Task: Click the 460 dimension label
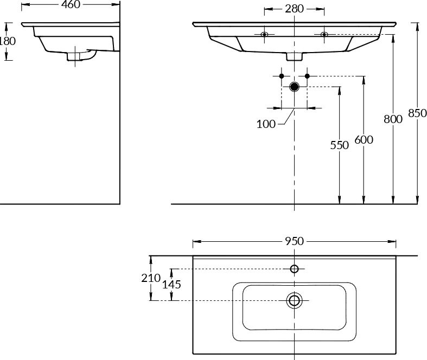[70, 5]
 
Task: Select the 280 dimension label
[294, 9]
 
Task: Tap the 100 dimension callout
[266, 124]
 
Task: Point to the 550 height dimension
[340, 145]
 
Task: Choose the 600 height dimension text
[364, 139]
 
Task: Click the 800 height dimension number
[393, 119]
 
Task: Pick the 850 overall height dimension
[417, 113]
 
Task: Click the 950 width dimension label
[294, 241]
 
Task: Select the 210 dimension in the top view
[151, 278]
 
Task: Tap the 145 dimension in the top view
[171, 284]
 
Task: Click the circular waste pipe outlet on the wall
[295, 87]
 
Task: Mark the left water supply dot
[282, 75]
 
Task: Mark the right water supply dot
[307, 75]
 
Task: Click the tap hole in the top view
[295, 269]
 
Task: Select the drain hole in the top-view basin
[295, 300]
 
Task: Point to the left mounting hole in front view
[264, 35]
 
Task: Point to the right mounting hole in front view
[324, 35]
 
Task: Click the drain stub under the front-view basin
[295, 56]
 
